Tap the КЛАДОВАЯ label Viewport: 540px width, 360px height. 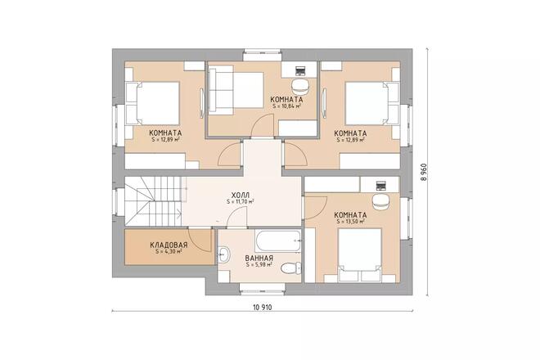[169, 245]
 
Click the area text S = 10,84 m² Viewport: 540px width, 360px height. [286, 106]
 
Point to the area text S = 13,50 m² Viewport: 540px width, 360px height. [350, 221]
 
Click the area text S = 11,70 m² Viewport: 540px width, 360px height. [241, 202]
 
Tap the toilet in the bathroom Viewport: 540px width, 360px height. [287, 268]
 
